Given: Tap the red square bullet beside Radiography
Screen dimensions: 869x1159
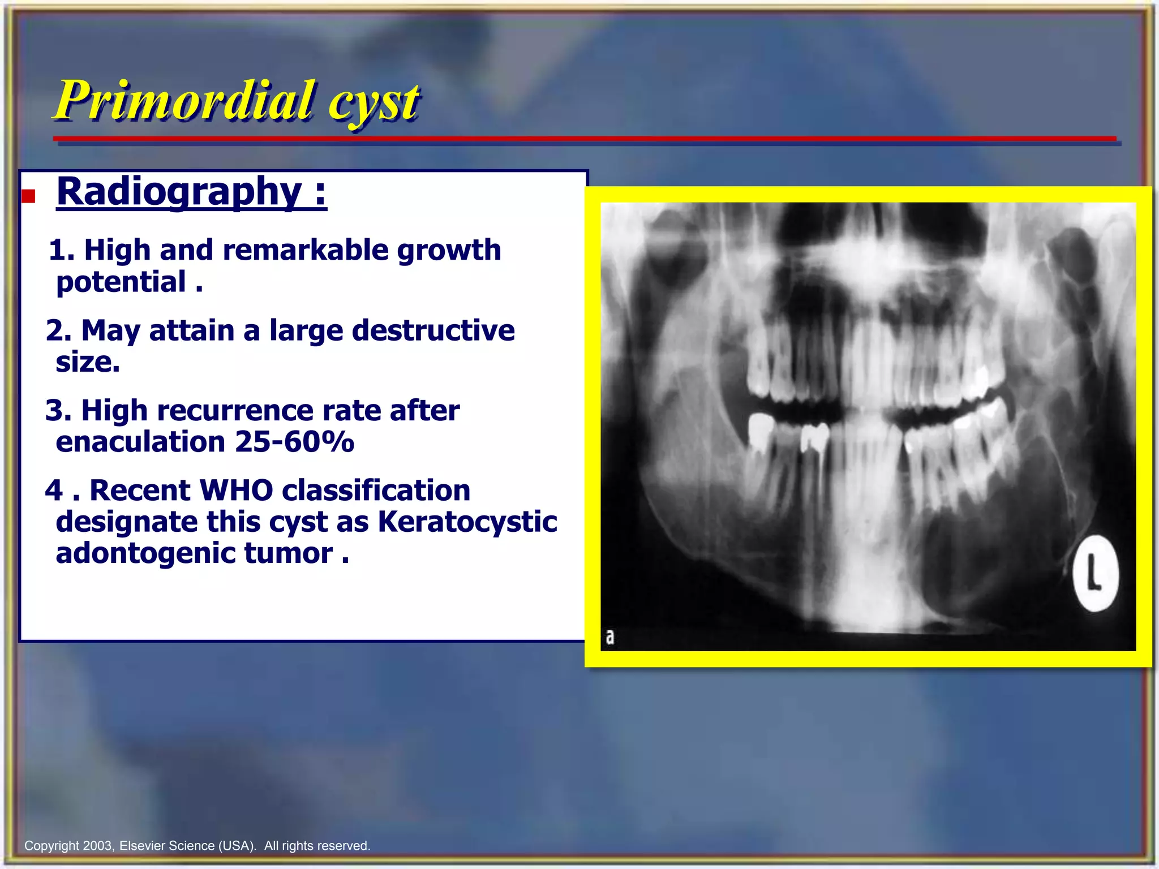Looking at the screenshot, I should [29, 196].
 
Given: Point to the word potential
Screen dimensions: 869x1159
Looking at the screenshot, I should [121, 282].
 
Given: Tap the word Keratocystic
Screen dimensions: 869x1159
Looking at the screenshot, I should [467, 522].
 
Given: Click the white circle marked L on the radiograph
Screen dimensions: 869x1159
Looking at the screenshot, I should [1096, 573].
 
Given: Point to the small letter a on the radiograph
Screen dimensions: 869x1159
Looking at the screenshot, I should [609, 637].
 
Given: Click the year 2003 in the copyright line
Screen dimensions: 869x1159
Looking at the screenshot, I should [98, 846].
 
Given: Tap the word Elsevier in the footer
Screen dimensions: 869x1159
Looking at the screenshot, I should [141, 846].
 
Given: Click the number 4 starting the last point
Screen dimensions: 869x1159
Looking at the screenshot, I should [54, 490].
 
